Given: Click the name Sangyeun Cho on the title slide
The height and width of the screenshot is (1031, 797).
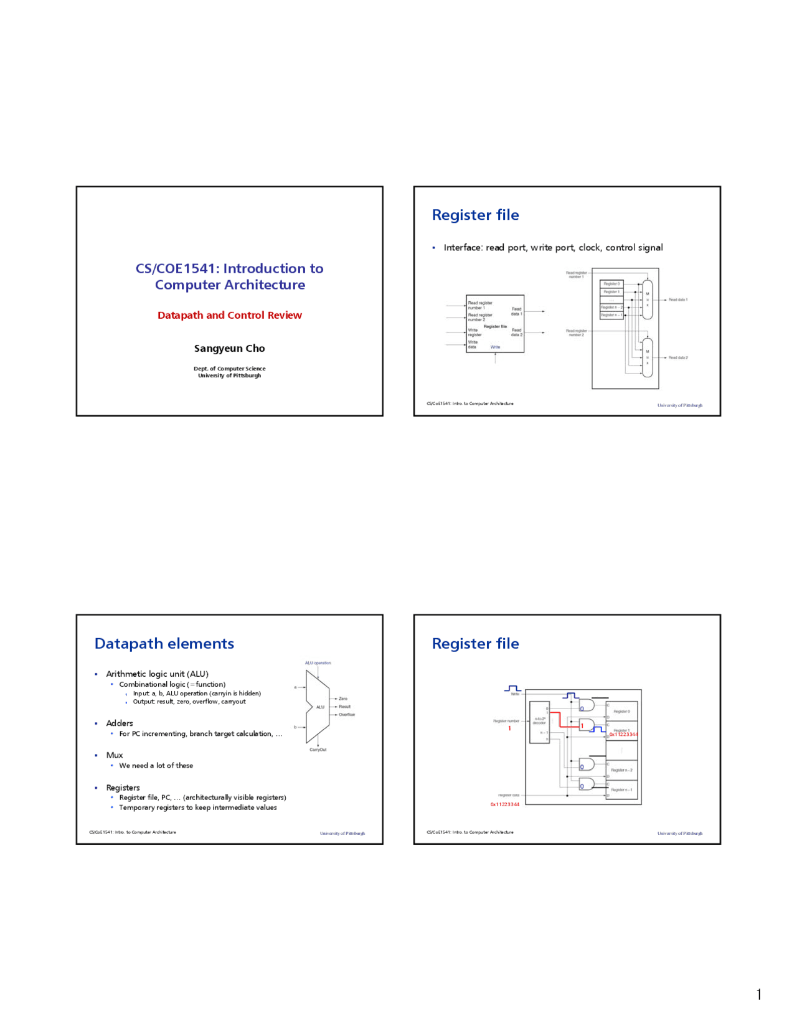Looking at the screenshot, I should click(x=229, y=348).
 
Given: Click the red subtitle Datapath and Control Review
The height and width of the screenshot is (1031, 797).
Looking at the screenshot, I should click(x=229, y=315).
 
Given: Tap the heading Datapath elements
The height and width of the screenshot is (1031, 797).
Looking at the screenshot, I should click(x=164, y=644).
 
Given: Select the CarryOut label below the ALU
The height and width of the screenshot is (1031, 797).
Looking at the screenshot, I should click(x=318, y=750).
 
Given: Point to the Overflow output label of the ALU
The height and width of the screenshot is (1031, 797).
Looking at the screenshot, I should click(x=347, y=715).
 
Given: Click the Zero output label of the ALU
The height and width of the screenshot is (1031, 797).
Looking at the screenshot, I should click(x=343, y=699).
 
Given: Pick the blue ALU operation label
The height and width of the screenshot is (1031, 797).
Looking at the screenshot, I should click(x=318, y=663).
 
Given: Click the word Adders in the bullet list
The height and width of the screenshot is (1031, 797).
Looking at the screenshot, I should click(x=120, y=723).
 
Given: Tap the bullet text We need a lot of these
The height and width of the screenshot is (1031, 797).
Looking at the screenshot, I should click(x=156, y=766).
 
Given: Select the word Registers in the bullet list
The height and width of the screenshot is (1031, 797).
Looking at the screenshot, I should click(x=123, y=788).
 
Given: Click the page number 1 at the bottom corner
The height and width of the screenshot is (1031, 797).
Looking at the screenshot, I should click(x=759, y=994).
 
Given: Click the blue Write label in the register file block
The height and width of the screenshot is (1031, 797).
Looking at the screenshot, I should click(x=495, y=347).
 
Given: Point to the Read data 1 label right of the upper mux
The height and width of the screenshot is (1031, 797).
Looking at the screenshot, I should click(x=677, y=300).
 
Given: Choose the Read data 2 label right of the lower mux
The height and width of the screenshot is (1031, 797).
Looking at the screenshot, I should click(x=677, y=358).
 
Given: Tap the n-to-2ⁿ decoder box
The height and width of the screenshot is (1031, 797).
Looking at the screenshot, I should click(x=539, y=722).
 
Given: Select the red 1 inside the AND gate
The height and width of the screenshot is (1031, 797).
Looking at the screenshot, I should click(x=583, y=726).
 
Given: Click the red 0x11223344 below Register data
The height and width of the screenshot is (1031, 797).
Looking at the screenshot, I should click(x=504, y=804).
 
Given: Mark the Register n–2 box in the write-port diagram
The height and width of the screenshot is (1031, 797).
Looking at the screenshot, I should click(x=621, y=770).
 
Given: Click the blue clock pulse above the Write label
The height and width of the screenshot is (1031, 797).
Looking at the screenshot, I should click(x=512, y=688).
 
